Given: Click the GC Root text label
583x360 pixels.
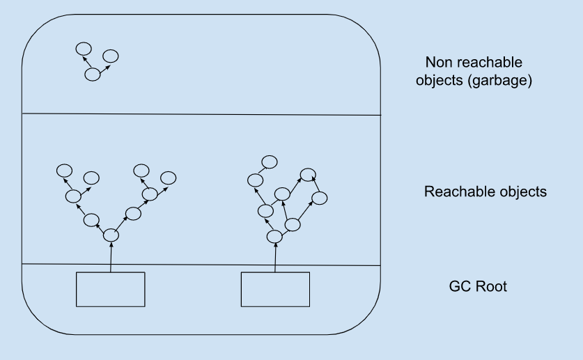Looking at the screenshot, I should pos(479,285).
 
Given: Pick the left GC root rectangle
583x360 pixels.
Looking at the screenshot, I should pos(110,289).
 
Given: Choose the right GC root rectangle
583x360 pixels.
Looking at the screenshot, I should pos(275,289).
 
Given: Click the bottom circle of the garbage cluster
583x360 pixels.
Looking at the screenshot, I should pos(92,75).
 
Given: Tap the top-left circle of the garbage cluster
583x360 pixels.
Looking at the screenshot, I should pos(83,49).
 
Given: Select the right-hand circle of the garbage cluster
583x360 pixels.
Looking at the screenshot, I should pos(109,56).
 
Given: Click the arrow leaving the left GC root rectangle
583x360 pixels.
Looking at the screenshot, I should pos(111,258).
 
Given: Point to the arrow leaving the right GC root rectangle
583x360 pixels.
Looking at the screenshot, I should pos(275,258).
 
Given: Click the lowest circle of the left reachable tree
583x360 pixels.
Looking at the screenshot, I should pos(111,237).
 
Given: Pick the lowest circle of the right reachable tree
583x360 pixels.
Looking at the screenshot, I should pos(274,237).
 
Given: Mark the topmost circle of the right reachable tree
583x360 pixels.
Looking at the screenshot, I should pos(269,162).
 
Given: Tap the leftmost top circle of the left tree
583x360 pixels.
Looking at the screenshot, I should pos(64,171).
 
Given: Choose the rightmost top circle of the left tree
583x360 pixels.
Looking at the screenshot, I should pos(167,177).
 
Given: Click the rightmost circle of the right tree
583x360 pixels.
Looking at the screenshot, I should pos(319,198).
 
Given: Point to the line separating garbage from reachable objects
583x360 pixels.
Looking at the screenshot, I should pos(202,114).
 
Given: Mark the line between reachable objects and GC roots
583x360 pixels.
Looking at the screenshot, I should pos(202,265).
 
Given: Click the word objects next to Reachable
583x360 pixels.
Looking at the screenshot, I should pos(520,191).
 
